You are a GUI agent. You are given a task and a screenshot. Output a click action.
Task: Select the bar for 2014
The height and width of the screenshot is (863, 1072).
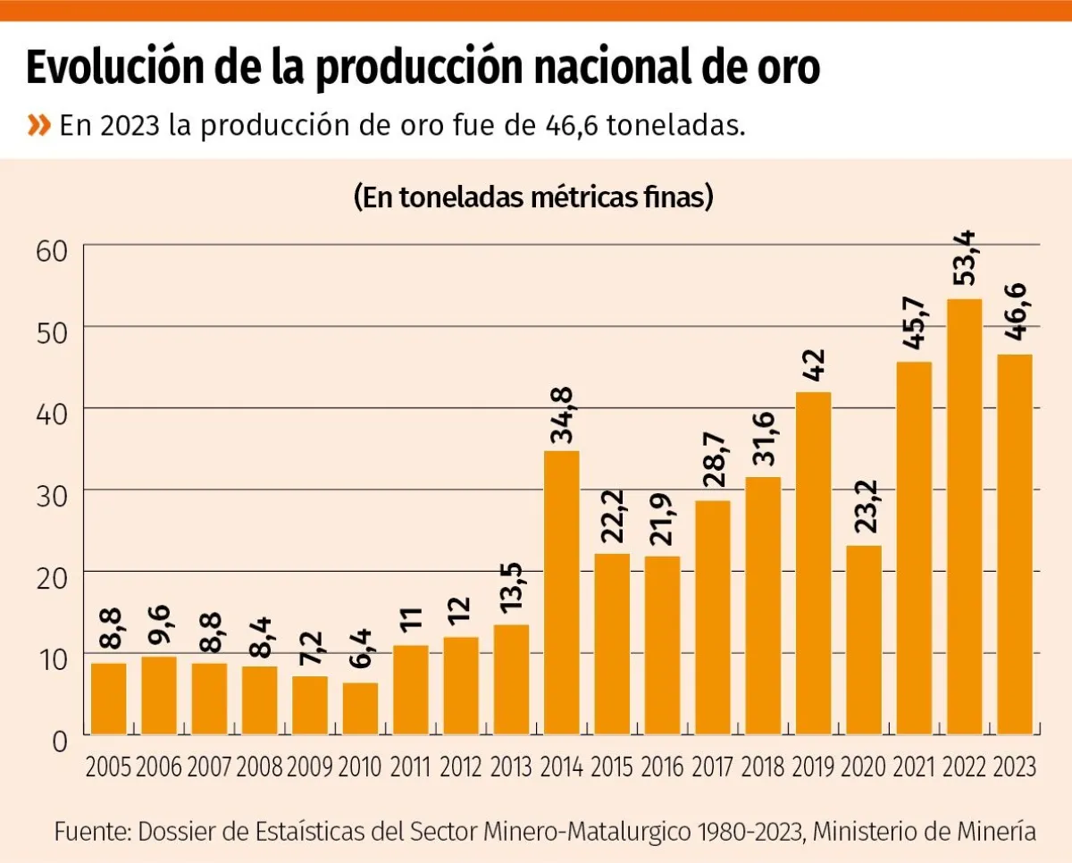point(562,592)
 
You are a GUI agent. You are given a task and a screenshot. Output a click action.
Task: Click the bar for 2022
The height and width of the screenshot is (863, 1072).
point(964,516)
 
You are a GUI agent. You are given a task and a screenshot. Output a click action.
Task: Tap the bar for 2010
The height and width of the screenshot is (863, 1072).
point(360,708)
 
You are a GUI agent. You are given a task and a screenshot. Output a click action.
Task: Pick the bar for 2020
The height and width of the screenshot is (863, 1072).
point(863,640)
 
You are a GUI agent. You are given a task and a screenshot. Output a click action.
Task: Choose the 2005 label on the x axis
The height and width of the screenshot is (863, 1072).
point(108,767)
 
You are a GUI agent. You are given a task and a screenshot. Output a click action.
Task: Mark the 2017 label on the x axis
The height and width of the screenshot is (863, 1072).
point(712,767)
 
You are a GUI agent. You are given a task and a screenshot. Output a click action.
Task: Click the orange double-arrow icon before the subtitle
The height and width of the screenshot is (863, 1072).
point(39,126)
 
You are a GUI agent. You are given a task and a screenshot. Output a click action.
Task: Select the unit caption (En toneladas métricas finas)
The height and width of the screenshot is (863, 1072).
point(533,197)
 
